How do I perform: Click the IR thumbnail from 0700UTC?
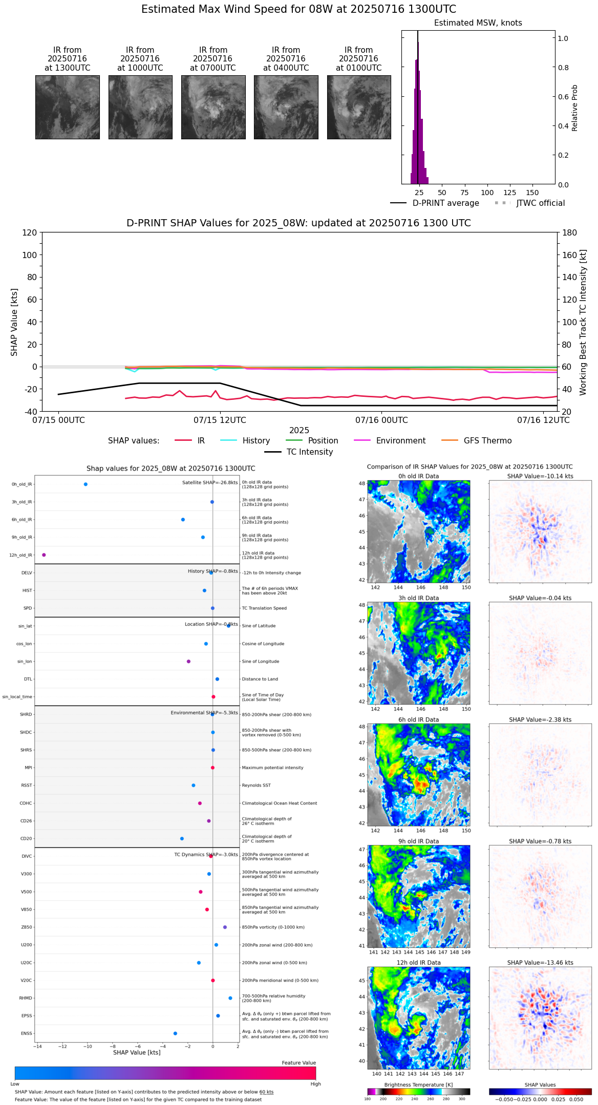[x=213, y=107]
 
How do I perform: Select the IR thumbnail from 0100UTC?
[x=359, y=107]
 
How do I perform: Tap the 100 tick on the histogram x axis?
[x=487, y=193]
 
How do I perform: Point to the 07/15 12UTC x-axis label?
[x=220, y=420]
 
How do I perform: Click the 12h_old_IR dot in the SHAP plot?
[x=44, y=555]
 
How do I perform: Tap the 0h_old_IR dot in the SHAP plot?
[x=86, y=484]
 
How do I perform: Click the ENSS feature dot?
[x=175, y=1033]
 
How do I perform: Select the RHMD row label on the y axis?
[x=26, y=998]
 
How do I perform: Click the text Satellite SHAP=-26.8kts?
[x=210, y=482]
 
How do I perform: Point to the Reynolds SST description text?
[x=256, y=785]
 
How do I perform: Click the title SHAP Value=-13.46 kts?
[x=540, y=963]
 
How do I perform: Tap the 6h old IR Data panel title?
[x=418, y=719]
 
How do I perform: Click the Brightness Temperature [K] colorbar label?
[x=418, y=1085]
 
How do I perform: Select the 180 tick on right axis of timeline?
[x=569, y=232]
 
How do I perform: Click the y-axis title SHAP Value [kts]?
[x=14, y=322]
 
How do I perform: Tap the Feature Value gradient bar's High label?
[x=315, y=1083]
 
